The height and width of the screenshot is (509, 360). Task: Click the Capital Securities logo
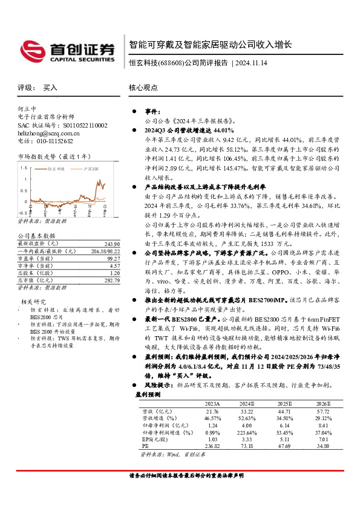[x=67, y=48]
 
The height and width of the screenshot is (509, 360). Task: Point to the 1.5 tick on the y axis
[x=23, y=179]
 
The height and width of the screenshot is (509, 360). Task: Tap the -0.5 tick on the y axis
[x=22, y=213]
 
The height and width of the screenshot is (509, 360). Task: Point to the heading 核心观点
[x=142, y=88]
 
